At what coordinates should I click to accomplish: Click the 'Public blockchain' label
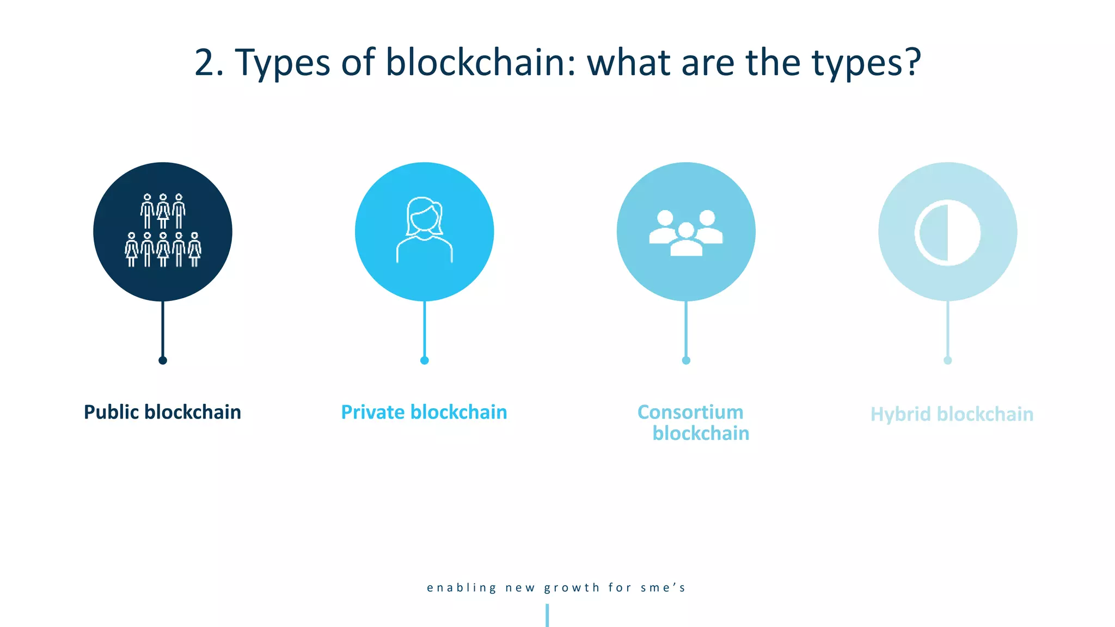click(162, 413)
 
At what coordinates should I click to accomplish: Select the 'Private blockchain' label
click(424, 413)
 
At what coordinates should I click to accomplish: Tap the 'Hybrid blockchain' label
click(952, 415)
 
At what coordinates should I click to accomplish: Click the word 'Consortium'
click(690, 413)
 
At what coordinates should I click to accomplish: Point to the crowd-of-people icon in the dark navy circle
click(163, 231)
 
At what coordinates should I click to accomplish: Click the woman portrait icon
click(425, 231)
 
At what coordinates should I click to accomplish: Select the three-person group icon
click(686, 232)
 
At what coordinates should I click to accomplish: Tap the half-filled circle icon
click(947, 232)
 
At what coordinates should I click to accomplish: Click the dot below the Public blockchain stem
click(163, 360)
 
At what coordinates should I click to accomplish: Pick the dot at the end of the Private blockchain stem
click(425, 360)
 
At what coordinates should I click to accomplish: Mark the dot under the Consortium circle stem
click(686, 360)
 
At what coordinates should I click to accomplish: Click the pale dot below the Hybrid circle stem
click(948, 360)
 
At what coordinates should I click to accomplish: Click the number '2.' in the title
click(209, 63)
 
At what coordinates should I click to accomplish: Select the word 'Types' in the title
click(283, 64)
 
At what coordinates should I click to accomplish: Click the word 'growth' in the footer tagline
click(572, 588)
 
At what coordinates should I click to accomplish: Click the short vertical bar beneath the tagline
click(547, 616)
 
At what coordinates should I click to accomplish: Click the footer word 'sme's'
click(663, 588)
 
